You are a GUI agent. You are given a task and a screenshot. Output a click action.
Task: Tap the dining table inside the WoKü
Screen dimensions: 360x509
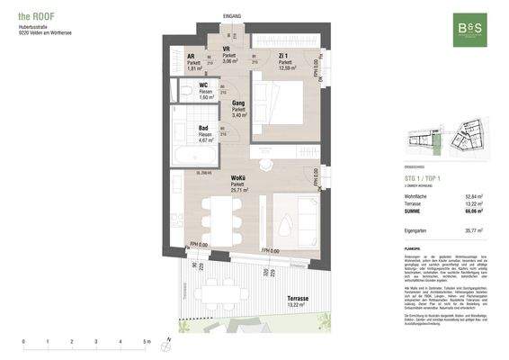(x=221, y=217)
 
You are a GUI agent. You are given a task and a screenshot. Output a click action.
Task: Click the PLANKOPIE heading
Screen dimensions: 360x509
(x=415, y=244)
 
